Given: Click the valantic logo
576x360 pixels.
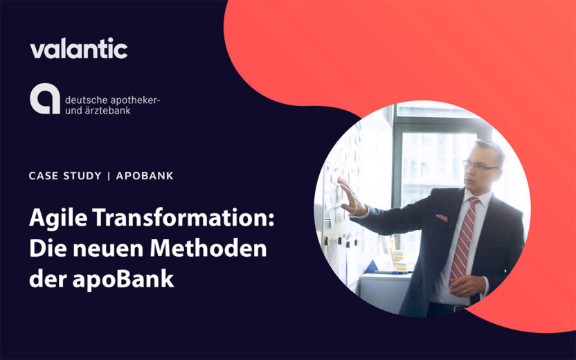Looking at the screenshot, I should [78, 49].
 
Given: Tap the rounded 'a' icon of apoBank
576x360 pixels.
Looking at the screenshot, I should [44, 100].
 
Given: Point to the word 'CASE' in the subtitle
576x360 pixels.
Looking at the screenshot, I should [43, 176].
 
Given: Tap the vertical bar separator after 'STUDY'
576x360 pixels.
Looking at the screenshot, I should [109, 176].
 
